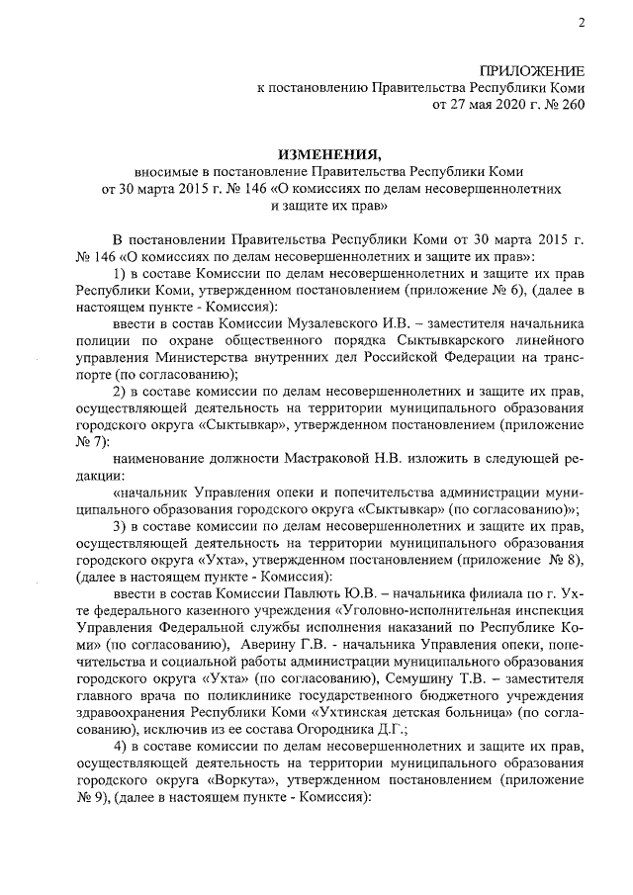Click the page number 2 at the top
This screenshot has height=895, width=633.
click(581, 23)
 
